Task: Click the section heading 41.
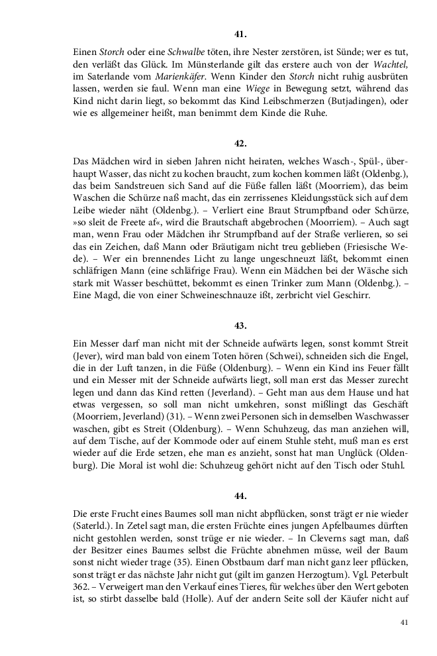pos(240,32)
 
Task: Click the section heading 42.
pos(240,142)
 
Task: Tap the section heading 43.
pos(240,325)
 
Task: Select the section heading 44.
pos(240,494)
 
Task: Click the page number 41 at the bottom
pos(405,622)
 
